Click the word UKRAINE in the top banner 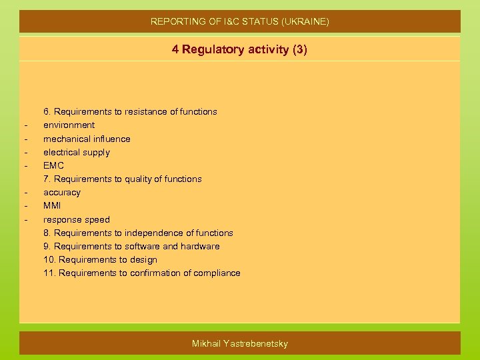tap(307, 21)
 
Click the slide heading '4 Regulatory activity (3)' tap(239, 49)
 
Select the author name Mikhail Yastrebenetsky tap(240, 343)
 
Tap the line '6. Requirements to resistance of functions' tap(130, 111)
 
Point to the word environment tap(69, 125)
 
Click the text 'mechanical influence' tap(87, 139)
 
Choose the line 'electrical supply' tap(77, 152)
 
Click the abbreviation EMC tap(53, 165)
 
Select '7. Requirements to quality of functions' tap(123, 179)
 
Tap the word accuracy tap(62, 192)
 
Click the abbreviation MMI tap(52, 205)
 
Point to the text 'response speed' tap(77, 219)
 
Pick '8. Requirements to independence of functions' tap(138, 233)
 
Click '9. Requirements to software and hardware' tap(131, 246)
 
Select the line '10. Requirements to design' tap(100, 259)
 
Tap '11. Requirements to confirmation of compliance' tap(142, 273)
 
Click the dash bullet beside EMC tap(25, 166)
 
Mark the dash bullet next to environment tap(25, 125)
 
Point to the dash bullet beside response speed tap(25, 220)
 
